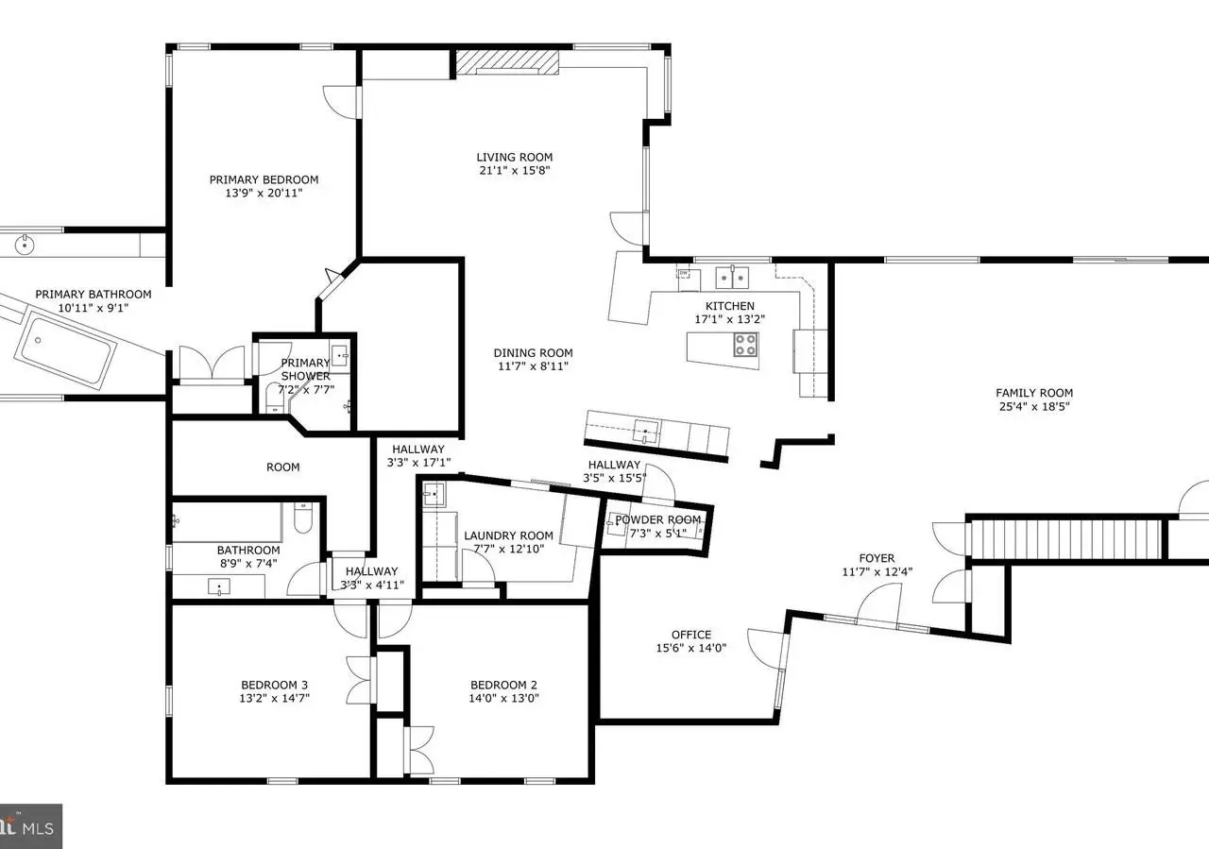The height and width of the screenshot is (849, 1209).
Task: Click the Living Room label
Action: point(515,157)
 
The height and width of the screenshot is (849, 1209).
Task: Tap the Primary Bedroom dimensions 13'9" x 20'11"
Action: point(264,193)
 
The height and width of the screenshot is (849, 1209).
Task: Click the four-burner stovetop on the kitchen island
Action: point(745,345)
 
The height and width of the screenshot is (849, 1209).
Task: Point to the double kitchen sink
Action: point(732,278)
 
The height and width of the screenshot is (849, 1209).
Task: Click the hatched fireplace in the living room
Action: point(507,62)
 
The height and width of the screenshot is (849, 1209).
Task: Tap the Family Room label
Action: point(1034,393)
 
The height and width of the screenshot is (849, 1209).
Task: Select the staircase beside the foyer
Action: point(1066,539)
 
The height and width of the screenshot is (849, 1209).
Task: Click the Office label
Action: point(691,635)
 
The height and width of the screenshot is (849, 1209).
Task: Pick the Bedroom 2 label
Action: point(503,685)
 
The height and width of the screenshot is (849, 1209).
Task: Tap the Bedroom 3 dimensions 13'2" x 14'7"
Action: point(274,698)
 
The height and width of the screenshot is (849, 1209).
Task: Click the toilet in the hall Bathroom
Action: point(303,518)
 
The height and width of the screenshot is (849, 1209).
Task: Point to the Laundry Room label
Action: point(508,535)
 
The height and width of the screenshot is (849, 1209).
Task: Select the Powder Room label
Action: point(658,519)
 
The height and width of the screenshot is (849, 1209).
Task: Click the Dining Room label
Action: point(534,353)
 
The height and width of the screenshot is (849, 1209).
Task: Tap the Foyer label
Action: point(877,558)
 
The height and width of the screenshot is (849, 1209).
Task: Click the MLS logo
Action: point(30,826)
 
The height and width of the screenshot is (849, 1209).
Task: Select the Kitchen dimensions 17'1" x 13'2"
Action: point(730,319)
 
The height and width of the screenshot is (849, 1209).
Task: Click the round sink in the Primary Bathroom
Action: point(25,244)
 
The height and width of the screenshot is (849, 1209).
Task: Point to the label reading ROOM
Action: point(282,467)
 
